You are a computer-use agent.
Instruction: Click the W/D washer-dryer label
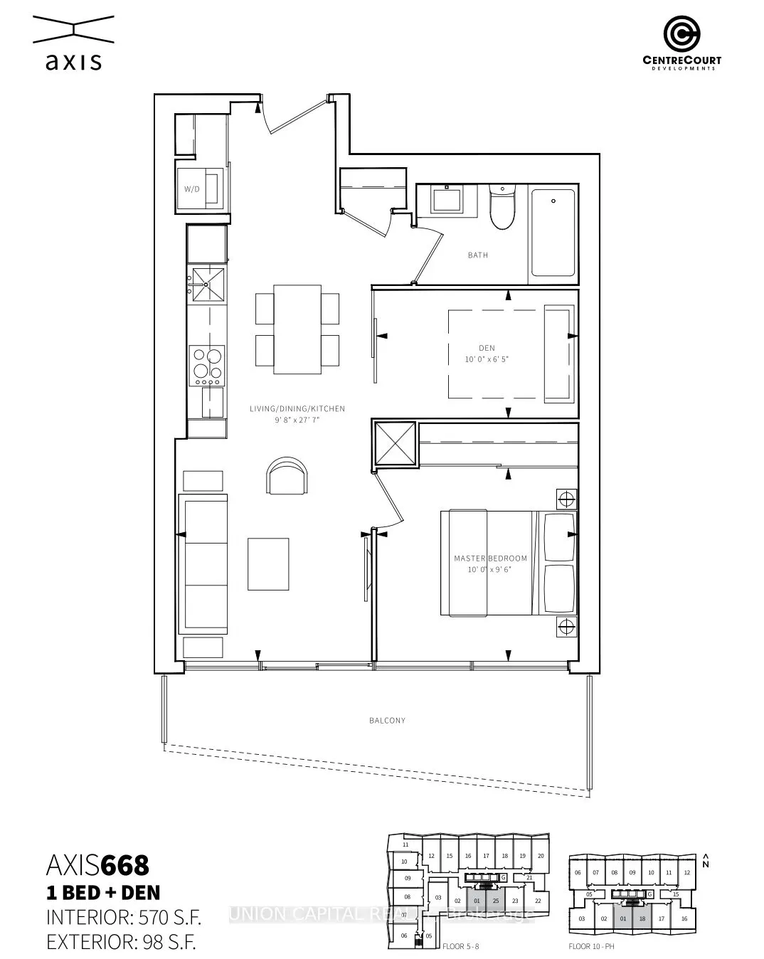click(191, 189)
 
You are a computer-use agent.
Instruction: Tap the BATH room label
click(477, 255)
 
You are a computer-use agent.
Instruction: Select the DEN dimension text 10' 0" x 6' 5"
click(487, 359)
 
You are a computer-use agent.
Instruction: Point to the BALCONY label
click(387, 721)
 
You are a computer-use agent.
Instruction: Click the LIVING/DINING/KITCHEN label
click(297, 409)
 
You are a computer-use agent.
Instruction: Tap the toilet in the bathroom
click(502, 208)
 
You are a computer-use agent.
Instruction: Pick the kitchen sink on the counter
click(206, 285)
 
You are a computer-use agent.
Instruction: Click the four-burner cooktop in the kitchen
click(206, 364)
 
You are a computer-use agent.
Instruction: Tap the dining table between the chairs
click(297, 329)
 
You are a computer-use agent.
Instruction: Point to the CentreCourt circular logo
click(681, 33)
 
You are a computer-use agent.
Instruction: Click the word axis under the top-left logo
click(73, 63)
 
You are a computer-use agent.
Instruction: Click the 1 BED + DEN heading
click(103, 892)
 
